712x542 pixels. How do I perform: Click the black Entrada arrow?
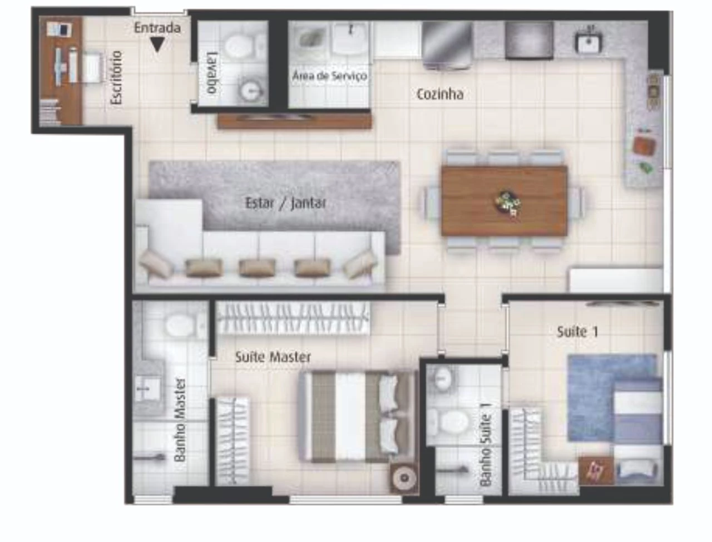157,45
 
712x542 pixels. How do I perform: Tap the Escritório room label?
116,77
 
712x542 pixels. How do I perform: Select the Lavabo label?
212,72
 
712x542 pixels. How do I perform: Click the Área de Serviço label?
329,76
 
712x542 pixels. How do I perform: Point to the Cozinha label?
439,95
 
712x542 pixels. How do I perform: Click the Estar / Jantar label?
285,203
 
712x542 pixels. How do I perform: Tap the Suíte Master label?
273,357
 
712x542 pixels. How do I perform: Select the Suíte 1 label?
577,332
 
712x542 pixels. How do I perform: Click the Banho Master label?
180,420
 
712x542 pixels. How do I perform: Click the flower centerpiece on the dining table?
507,203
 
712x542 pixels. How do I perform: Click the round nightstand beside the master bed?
403,478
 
